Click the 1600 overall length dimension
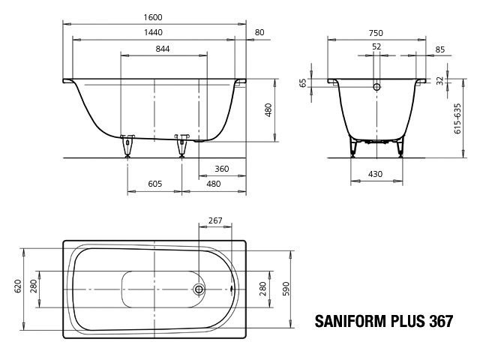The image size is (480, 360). click(x=153, y=17)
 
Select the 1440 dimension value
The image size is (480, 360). click(x=153, y=32)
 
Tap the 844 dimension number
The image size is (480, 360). click(x=163, y=49)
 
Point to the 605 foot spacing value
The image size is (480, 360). click(x=155, y=184)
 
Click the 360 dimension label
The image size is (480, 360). click(x=222, y=169)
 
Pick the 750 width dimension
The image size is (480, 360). click(x=376, y=33)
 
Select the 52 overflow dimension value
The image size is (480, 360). click(x=376, y=46)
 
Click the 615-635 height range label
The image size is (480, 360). click(x=457, y=118)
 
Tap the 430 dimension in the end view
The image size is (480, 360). click(x=375, y=174)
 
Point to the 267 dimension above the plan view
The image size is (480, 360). click(x=215, y=220)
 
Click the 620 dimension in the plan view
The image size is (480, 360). click(x=18, y=286)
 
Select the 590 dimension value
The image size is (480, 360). click(x=286, y=289)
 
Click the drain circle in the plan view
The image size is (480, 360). click(x=199, y=289)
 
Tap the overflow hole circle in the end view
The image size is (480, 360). click(x=376, y=87)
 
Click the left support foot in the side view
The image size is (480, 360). click(x=127, y=145)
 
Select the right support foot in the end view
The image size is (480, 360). click(x=400, y=147)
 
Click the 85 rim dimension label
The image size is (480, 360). click(x=440, y=49)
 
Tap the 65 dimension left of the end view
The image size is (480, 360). click(x=302, y=83)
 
